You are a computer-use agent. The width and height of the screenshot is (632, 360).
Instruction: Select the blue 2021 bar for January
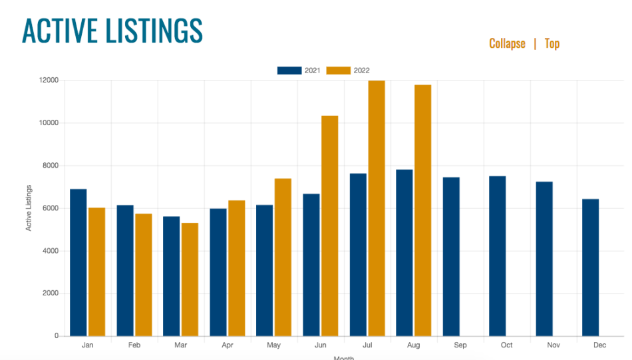pos(79,263)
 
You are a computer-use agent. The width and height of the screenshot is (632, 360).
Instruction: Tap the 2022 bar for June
pos(330,226)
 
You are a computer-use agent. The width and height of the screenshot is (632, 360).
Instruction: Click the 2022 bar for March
pos(190,279)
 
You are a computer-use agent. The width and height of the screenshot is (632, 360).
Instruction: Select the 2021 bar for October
pos(497,256)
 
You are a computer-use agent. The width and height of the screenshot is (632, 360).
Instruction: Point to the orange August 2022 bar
pos(423,210)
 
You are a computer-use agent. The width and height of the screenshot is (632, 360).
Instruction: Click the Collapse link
pos(507,44)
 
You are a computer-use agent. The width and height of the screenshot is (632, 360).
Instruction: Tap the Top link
pos(552,44)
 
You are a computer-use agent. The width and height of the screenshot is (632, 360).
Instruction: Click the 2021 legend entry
pos(300,71)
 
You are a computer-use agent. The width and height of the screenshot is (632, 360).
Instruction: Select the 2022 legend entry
pos(350,71)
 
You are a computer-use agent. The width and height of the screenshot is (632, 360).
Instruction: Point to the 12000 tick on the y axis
pos(49,81)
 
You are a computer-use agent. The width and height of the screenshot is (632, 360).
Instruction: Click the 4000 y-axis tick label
pos(51,251)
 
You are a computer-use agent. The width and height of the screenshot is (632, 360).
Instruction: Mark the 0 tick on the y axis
pos(57,336)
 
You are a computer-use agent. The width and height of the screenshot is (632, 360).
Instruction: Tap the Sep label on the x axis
pos(460,345)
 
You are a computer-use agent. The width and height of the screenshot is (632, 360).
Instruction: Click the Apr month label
pos(228,345)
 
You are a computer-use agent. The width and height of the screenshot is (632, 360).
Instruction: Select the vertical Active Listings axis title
pos(29,208)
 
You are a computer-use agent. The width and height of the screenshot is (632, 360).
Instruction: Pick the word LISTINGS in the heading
pos(154,31)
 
